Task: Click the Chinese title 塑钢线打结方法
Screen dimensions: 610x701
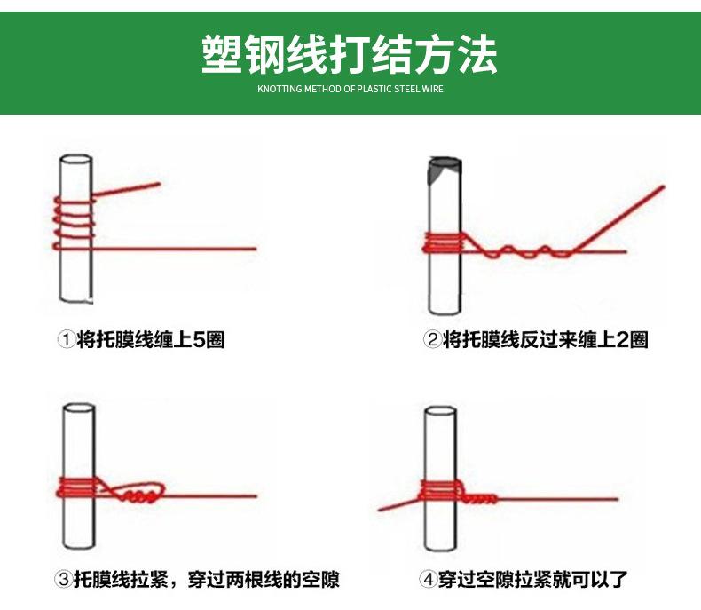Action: tap(350, 54)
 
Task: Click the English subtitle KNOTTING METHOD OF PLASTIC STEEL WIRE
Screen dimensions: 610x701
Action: tap(350, 90)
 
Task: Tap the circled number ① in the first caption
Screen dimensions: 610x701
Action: tap(66, 339)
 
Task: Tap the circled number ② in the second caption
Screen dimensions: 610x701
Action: tap(432, 339)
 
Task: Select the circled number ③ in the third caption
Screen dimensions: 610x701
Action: tap(63, 580)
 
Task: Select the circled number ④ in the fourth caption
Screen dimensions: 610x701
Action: tap(428, 580)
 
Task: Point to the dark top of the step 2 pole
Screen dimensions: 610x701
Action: tap(443, 170)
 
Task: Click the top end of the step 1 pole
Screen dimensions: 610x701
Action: tap(75, 161)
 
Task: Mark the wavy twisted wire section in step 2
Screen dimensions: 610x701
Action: tap(523, 252)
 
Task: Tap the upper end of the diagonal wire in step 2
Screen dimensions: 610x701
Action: tap(662, 187)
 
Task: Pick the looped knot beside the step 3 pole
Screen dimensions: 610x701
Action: tap(142, 494)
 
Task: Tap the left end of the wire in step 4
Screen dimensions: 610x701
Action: tap(381, 510)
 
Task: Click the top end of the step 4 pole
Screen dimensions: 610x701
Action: tap(441, 412)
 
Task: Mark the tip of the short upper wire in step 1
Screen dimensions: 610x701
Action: tap(159, 185)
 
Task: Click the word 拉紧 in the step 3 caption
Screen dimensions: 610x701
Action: tap(152, 580)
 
